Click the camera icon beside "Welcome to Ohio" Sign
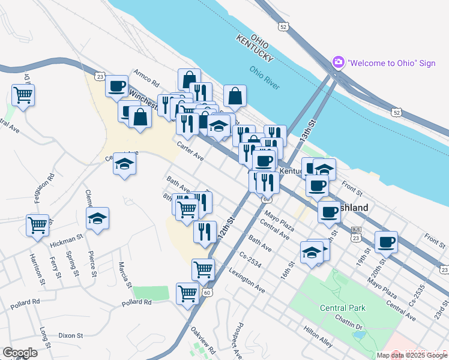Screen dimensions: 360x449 tap(338, 62)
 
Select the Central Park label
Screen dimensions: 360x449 tap(343, 308)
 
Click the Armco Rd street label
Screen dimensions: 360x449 tap(146, 81)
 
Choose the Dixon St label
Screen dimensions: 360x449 tap(73, 336)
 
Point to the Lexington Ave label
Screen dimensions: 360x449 tap(246, 280)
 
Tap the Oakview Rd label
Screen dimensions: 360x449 tap(202, 341)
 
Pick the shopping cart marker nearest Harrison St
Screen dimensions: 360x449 tap(37, 225)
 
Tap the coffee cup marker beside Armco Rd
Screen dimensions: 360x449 tap(117, 85)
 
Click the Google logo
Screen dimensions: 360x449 tap(20, 353)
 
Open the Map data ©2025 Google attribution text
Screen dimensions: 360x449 tap(412, 355)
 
